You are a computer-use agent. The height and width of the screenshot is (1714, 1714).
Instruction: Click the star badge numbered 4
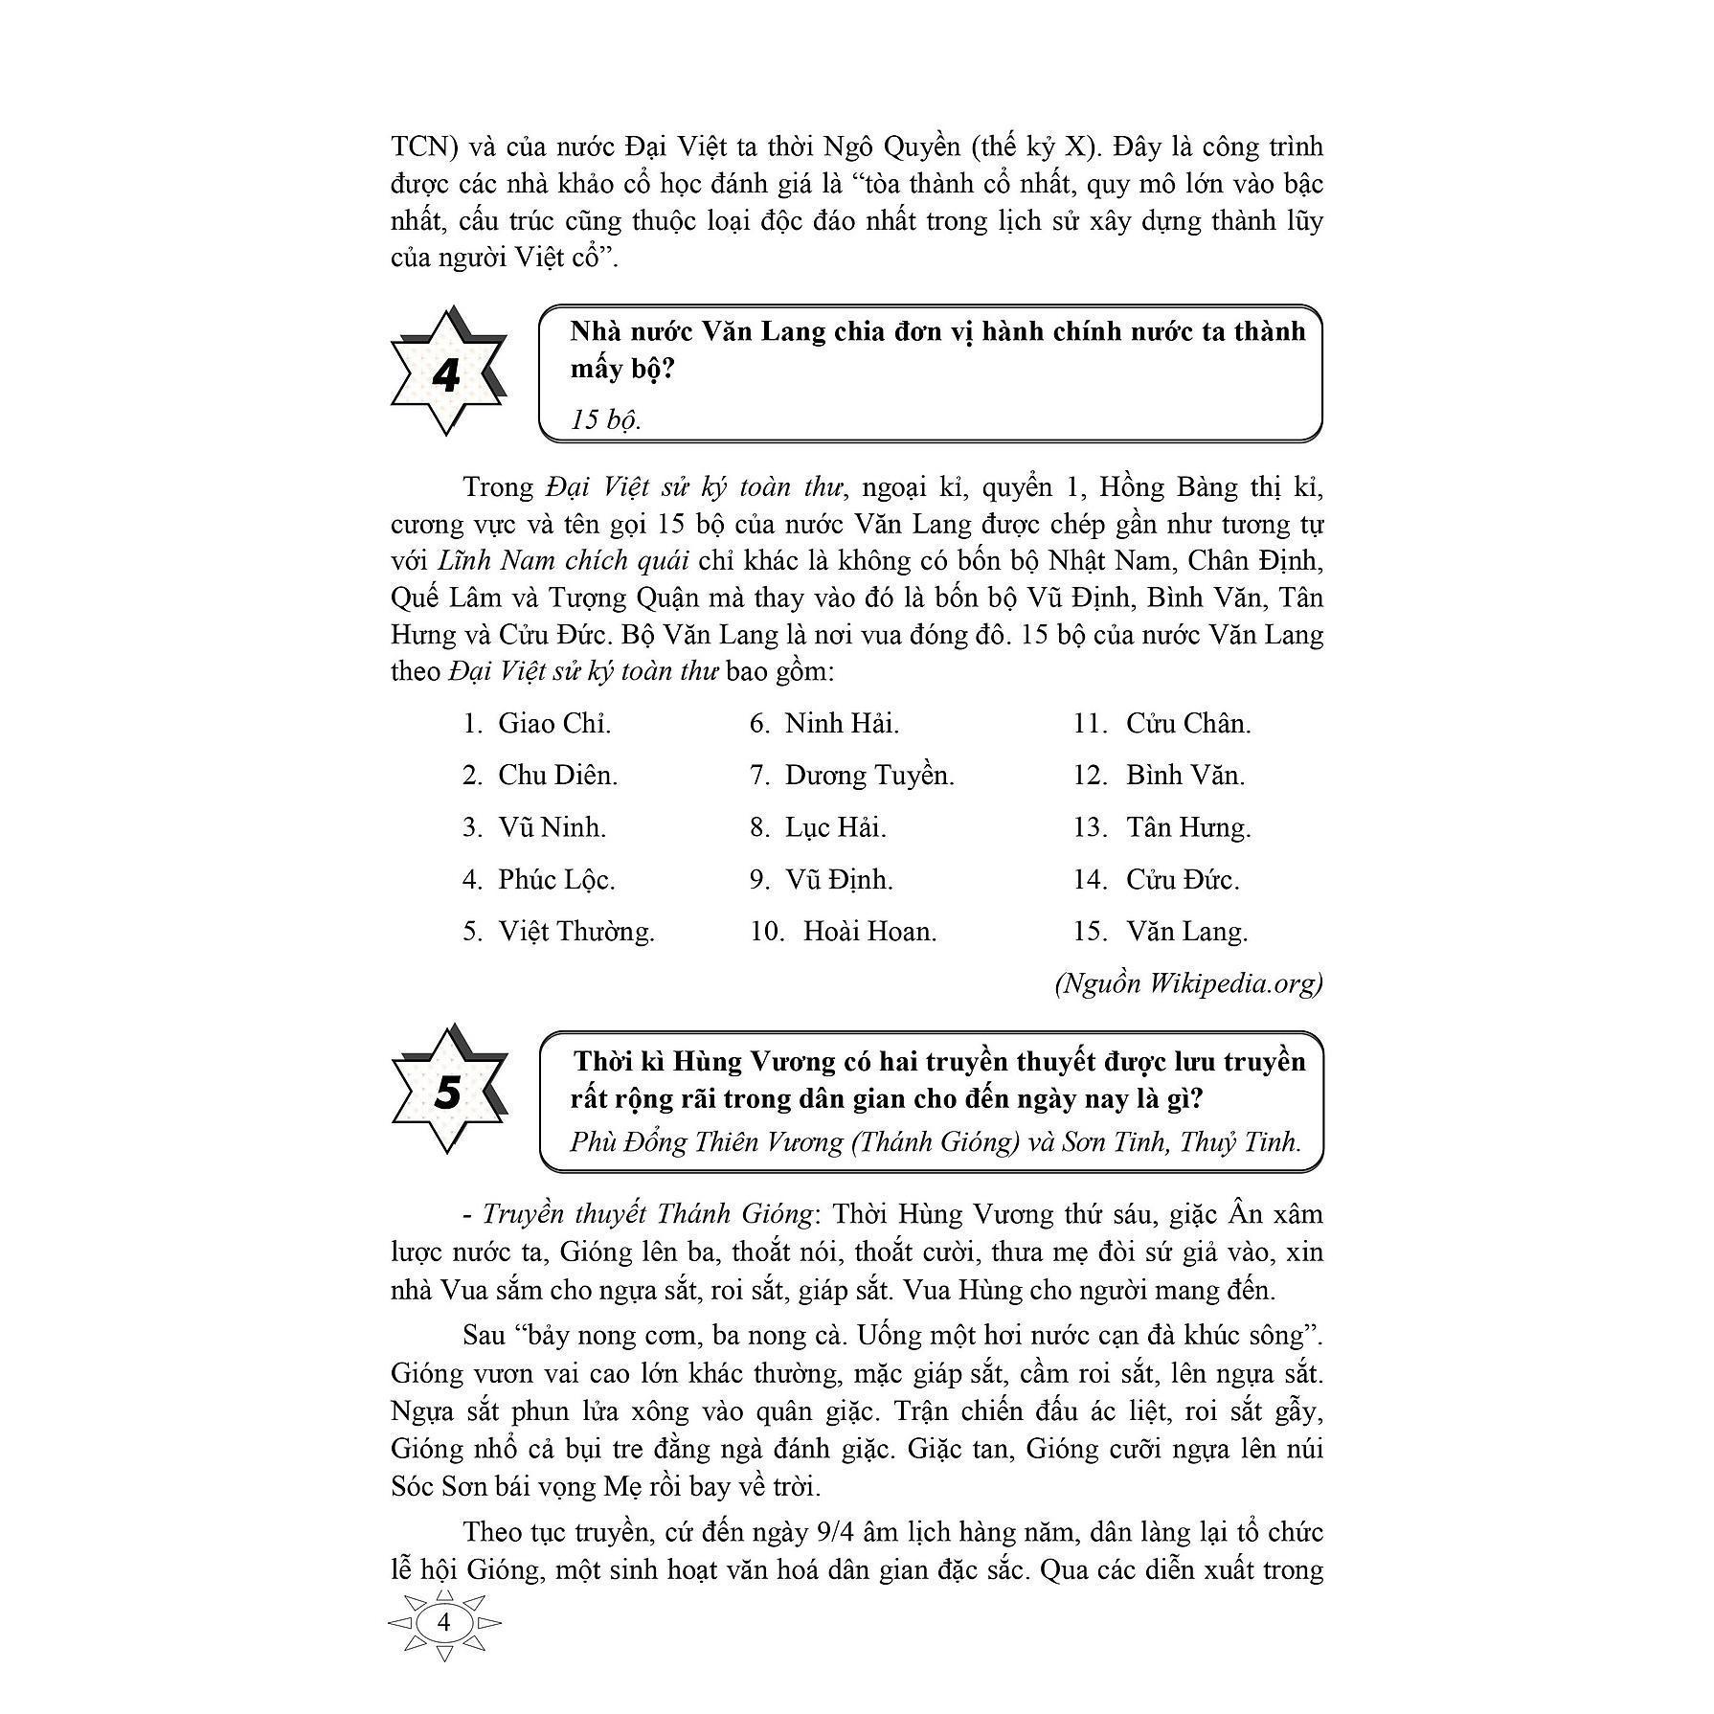tap(446, 372)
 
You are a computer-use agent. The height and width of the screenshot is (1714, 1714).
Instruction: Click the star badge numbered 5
tap(446, 1091)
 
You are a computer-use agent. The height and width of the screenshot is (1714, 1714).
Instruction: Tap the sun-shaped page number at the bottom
tap(443, 1622)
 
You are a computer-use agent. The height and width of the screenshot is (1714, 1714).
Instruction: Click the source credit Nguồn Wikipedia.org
tap(1187, 983)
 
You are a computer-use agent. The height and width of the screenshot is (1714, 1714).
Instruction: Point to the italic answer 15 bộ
tap(605, 419)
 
